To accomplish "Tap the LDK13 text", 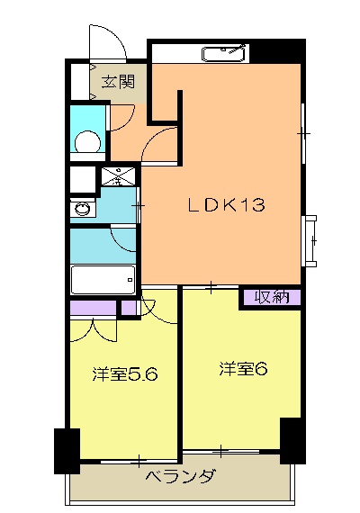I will pyautogui.click(x=225, y=205).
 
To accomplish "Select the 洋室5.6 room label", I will pyautogui.click(x=125, y=374).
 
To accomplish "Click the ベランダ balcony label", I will pyautogui.click(x=179, y=477).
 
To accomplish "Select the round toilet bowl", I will pyautogui.click(x=88, y=142).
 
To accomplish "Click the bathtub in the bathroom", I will pyautogui.click(x=103, y=280).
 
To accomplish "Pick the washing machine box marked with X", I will pyautogui.click(x=118, y=176).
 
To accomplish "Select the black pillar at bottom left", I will pyautogui.click(x=67, y=451).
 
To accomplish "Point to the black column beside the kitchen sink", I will pyautogui.click(x=265, y=52).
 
